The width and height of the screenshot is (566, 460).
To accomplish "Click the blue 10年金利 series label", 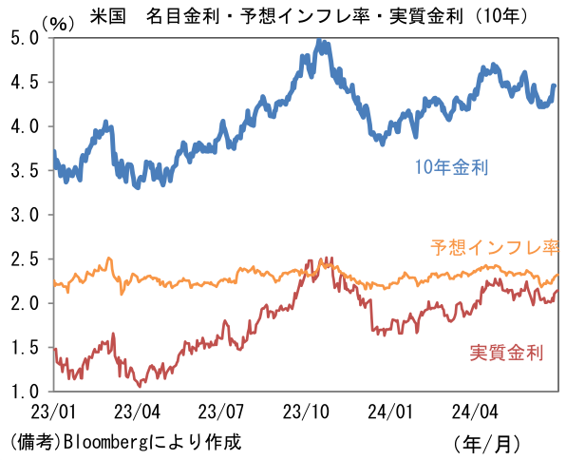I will pos(451,168).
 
